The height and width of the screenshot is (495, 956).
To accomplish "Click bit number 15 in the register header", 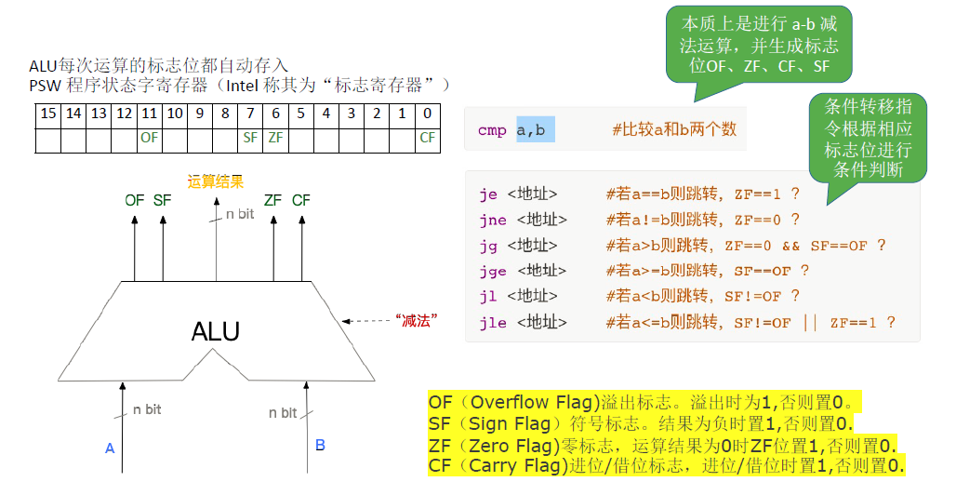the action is pos(48,114).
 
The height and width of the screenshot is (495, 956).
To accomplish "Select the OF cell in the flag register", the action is pos(149,139).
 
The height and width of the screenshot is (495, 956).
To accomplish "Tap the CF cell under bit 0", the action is pos(427,139).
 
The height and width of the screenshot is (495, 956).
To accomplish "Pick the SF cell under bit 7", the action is pos(250,139).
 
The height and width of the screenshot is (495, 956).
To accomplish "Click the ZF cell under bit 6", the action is pos(275,139).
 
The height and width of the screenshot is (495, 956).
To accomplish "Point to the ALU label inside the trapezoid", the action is pos(215,331).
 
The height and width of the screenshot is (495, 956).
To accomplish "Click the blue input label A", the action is pos(110,448).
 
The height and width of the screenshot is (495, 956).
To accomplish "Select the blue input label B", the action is pos(320,446).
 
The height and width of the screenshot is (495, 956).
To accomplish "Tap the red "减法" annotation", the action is pos(417,320).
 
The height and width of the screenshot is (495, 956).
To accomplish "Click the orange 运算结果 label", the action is pos(215,182).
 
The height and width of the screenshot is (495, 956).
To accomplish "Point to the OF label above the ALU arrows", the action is pos(135,200).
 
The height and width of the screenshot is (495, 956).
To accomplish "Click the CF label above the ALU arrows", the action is pos(301,200).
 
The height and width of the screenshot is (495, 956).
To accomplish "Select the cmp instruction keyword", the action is pos(492,130).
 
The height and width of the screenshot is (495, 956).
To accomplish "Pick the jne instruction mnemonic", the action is pos(493,220).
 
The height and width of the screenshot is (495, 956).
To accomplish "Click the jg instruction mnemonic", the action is pos(489,246).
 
